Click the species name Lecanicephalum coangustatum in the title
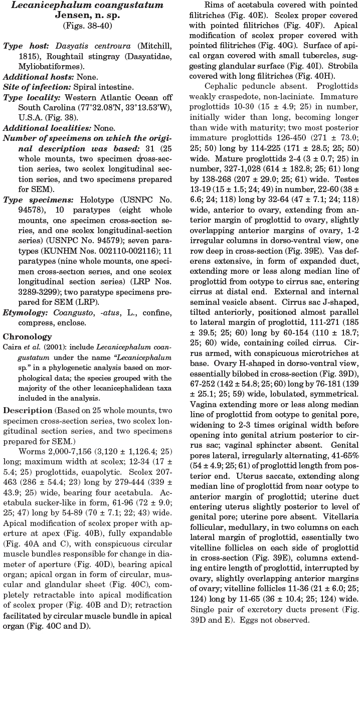[87, 6]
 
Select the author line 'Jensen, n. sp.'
[87, 15]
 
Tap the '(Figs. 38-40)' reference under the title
[87, 25]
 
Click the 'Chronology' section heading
[28, 337]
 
